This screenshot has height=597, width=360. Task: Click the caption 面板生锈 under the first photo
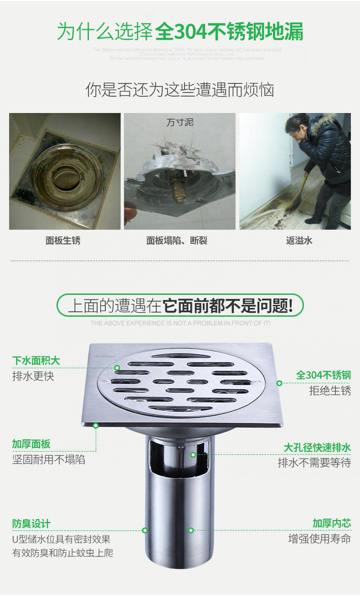click(x=63, y=241)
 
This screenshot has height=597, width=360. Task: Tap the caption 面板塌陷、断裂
click(x=177, y=241)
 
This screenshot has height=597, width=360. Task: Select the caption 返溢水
click(x=299, y=241)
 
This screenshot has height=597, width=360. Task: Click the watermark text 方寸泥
click(x=180, y=122)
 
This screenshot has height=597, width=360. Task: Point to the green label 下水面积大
click(x=36, y=361)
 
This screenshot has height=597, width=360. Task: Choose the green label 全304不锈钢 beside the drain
click(x=324, y=375)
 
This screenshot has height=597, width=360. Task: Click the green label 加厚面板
click(x=31, y=444)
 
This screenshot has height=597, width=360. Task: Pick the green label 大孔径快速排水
click(x=317, y=448)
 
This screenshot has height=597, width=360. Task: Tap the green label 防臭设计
click(x=31, y=524)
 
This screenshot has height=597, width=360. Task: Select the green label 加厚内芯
click(x=332, y=523)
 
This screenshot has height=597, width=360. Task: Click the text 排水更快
click(x=33, y=376)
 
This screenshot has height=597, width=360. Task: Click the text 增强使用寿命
click(x=319, y=539)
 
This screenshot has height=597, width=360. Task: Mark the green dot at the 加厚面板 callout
click(x=96, y=426)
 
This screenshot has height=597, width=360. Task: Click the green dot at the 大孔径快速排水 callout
click(x=193, y=454)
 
